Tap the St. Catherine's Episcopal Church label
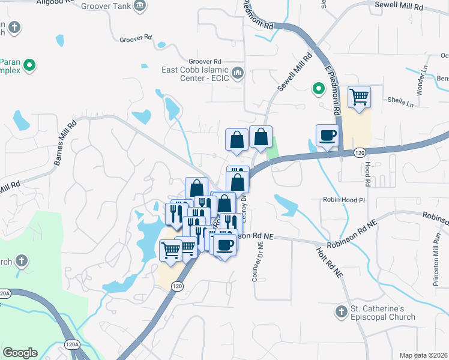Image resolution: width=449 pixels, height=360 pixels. tap(383, 313)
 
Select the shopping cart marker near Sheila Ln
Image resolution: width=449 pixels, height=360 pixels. tap(359, 96)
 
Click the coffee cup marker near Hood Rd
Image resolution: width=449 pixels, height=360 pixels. tap(328, 135)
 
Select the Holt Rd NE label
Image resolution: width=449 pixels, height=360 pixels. tap(330, 262)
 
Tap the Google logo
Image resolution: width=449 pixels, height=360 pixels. tap(20, 352)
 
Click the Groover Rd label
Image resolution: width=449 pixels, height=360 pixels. tap(205, 61)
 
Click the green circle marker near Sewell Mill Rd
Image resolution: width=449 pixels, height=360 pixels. tap(318, 90)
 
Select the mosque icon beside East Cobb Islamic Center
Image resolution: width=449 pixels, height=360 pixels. tap(238, 73)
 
